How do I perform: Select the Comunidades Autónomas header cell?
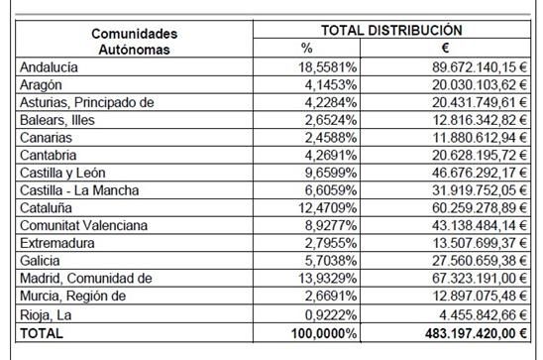pyautogui.click(x=134, y=41)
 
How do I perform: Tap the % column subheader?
pyautogui.click(x=306, y=48)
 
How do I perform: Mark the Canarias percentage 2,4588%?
pyautogui.click(x=333, y=138)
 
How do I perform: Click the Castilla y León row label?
pyautogui.click(x=67, y=174)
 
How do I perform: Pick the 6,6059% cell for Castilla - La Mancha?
pyautogui.click(x=333, y=190)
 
